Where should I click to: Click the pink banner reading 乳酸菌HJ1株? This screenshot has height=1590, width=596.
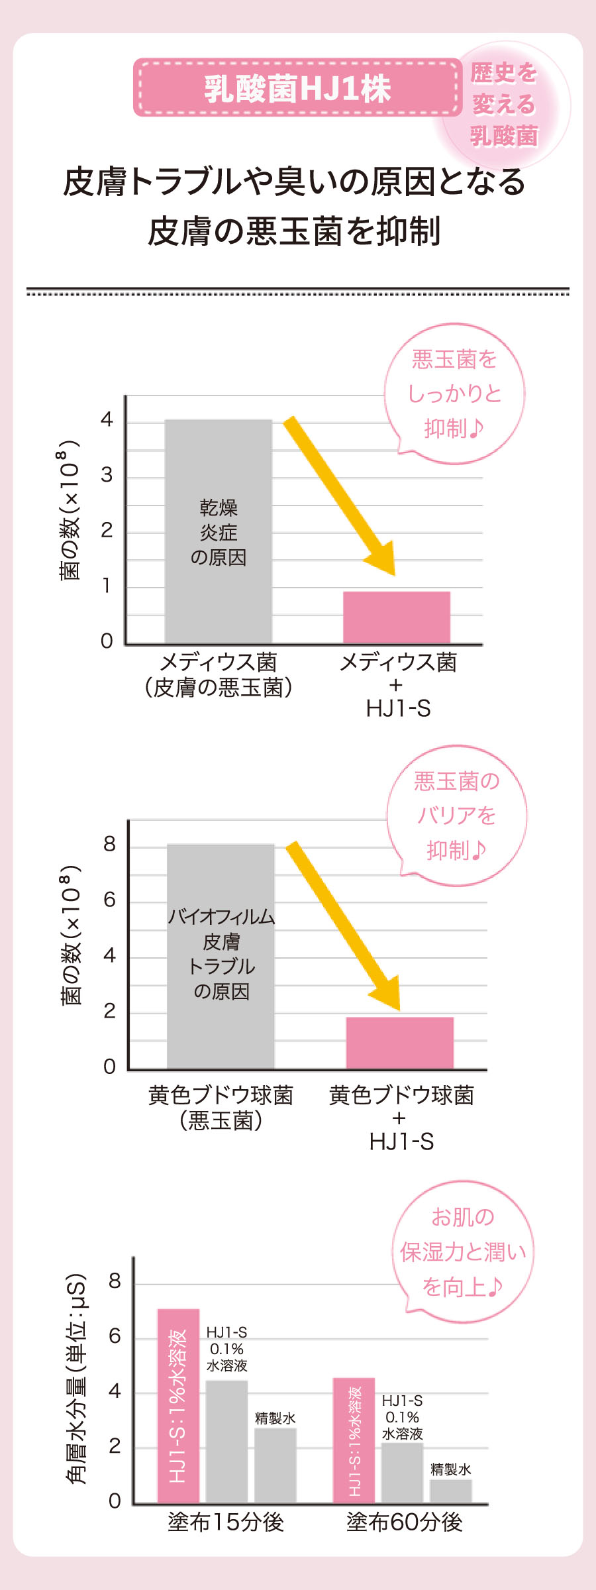tap(297, 88)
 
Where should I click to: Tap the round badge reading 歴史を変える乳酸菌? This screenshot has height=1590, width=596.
tap(504, 104)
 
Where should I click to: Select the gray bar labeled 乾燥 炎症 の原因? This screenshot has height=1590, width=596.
tap(218, 531)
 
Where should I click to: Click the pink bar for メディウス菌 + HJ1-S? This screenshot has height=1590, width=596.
tap(396, 617)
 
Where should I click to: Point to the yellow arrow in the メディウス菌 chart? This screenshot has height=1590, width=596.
tap(340, 496)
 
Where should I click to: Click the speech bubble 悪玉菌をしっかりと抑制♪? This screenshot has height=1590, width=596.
tap(454, 394)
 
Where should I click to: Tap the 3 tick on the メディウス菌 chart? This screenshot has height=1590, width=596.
tap(106, 475)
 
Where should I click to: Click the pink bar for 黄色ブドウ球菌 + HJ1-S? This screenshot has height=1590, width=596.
tap(399, 1042)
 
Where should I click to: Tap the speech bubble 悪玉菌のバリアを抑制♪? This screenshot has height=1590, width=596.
tap(456, 816)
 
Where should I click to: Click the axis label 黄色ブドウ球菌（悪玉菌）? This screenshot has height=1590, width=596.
tap(221, 1108)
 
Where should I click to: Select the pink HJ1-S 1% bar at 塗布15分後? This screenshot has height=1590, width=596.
tap(178, 1405)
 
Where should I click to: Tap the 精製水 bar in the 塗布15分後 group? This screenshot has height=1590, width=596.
tap(275, 1465)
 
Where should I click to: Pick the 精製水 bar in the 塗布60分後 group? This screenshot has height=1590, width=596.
tap(450, 1491)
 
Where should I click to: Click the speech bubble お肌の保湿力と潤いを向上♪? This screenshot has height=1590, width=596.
tap(463, 1251)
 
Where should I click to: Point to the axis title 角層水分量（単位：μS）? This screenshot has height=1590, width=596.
tap(77, 1378)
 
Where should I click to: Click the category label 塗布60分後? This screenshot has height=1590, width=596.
tap(404, 1522)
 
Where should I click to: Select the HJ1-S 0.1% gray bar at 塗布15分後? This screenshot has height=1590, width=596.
tap(226, 1442)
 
